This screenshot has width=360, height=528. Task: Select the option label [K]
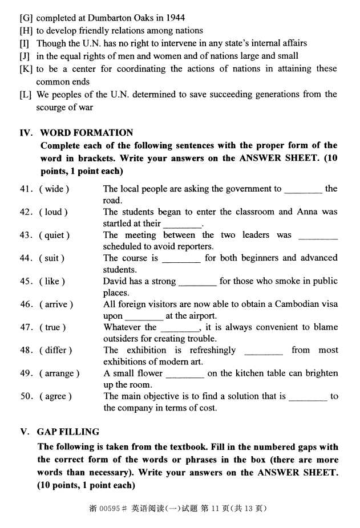[26, 69]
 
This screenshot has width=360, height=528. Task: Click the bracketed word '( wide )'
[54, 189]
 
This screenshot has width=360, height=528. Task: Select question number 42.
[26, 212]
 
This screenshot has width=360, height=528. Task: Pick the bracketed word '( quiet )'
[55, 235]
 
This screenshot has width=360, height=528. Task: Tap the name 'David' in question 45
[115, 281]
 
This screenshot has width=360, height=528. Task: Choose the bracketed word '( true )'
[52, 327]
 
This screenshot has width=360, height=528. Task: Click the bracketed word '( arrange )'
[59, 373]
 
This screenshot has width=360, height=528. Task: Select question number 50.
[26, 396]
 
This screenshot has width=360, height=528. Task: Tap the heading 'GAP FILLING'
[68, 432]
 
